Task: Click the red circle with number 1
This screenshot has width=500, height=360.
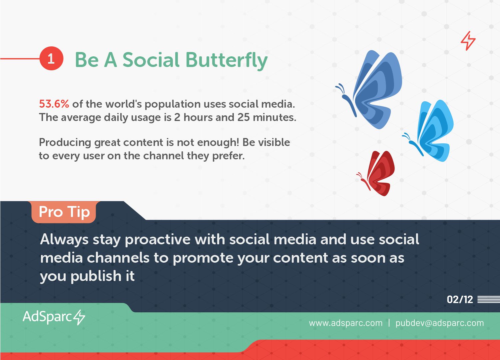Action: (x=51, y=58)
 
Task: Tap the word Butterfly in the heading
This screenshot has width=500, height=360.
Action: (x=227, y=60)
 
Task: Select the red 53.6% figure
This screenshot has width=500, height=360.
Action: (x=54, y=104)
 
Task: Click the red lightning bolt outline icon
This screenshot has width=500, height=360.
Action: (x=468, y=41)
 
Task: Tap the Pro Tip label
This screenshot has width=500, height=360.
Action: (x=64, y=212)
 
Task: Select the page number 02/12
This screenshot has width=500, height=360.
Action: (x=460, y=299)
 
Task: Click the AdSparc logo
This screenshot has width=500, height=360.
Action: (x=54, y=317)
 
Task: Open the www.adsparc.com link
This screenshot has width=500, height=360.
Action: (x=346, y=323)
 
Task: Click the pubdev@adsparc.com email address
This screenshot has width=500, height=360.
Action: (x=440, y=323)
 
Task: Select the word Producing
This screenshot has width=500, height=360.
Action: (x=65, y=143)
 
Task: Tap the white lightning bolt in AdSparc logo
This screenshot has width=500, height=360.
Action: (x=79, y=317)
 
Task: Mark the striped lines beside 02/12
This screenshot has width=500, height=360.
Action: (x=489, y=299)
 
